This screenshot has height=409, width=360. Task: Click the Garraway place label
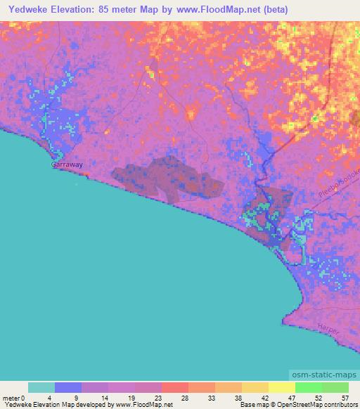[x=67, y=164]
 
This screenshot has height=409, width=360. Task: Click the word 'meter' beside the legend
[x=11, y=398]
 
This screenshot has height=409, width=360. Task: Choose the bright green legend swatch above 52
[x=308, y=387]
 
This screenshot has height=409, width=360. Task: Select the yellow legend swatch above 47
[x=281, y=387]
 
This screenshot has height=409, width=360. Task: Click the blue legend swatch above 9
[x=68, y=387]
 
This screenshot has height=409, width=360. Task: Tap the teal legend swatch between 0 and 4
[x=41, y=387]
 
